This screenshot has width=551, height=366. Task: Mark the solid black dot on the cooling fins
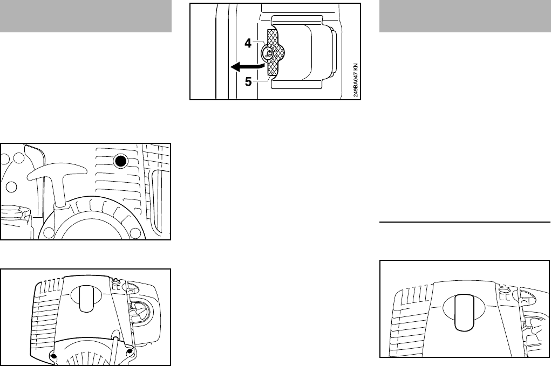click(x=121, y=161)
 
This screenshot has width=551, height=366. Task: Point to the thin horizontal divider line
click(x=466, y=222)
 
